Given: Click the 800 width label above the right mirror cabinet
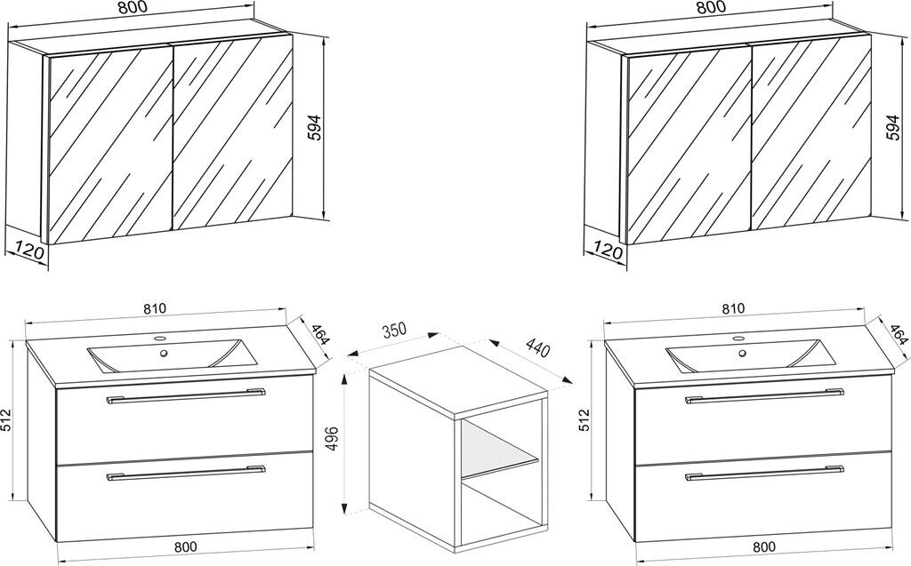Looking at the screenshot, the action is point(711,7).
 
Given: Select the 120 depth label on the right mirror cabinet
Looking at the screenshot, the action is point(607,252).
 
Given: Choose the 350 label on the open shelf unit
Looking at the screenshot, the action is point(394,330).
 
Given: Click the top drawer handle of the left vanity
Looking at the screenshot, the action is point(185,396).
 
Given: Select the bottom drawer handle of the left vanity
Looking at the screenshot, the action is point(185,473).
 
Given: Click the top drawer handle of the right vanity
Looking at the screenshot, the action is point(763,396).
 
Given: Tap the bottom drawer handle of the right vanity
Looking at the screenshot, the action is point(763,473).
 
